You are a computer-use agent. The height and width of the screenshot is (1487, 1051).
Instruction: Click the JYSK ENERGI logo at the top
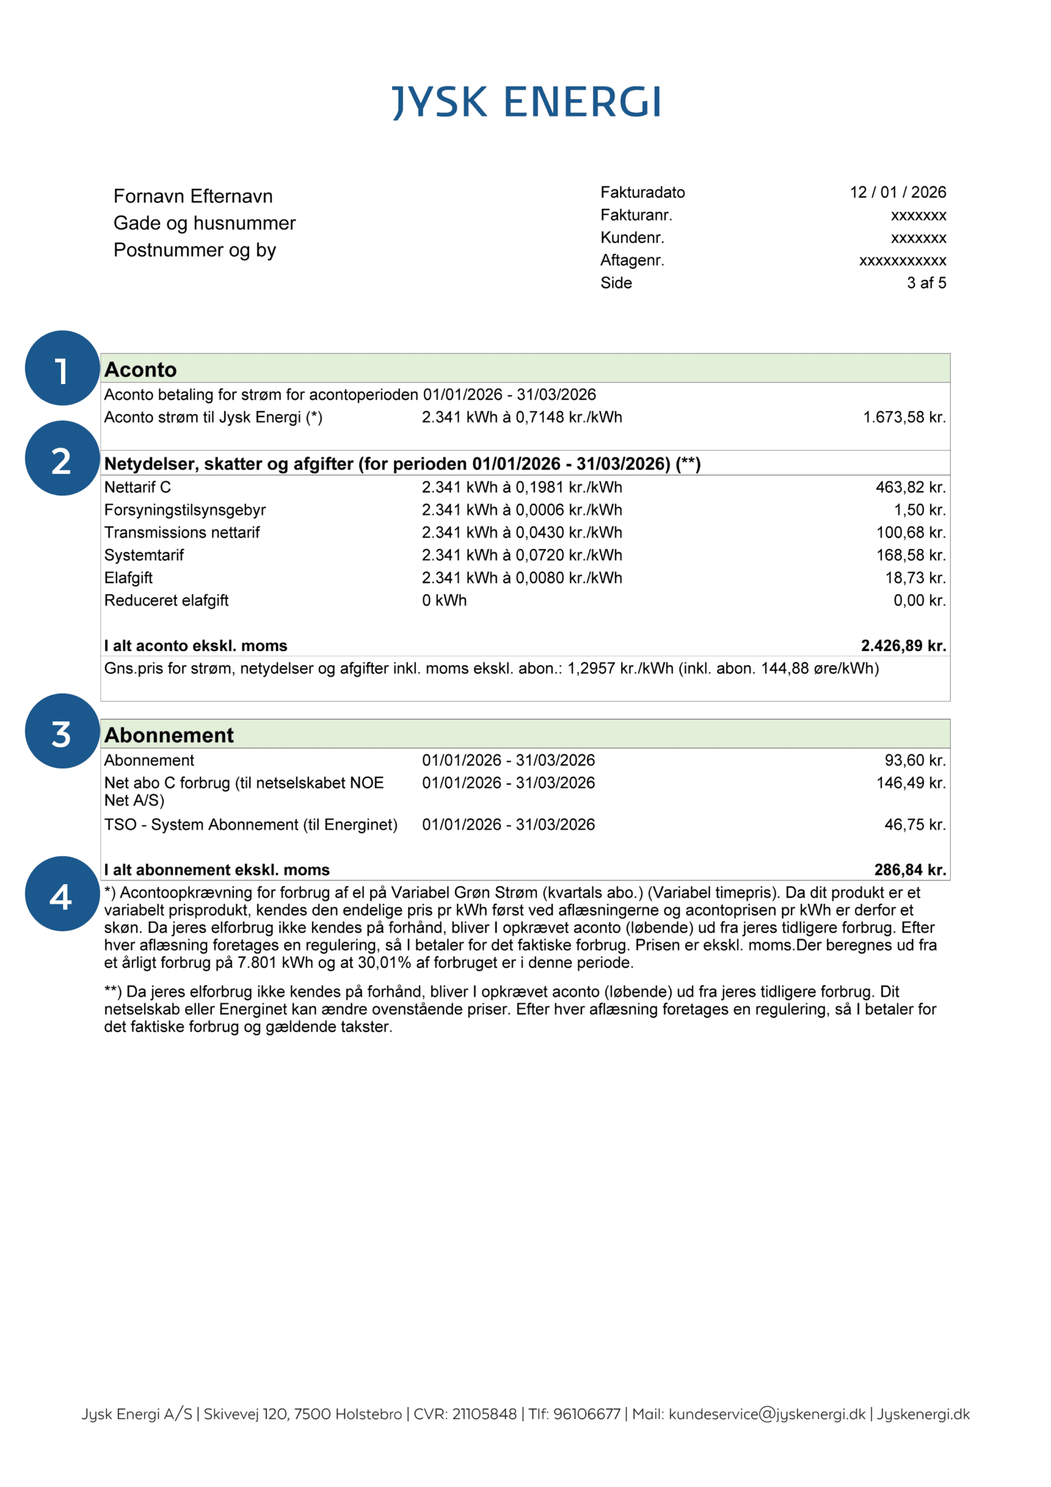coord(527,102)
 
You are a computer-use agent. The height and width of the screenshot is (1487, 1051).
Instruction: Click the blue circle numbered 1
coord(62,368)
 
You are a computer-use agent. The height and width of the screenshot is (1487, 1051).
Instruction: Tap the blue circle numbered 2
coord(62,458)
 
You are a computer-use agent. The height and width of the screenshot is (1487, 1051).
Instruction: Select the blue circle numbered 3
coord(62,731)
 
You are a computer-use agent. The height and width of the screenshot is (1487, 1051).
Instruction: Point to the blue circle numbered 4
coord(62,894)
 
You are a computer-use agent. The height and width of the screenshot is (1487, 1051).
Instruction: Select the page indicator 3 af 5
coord(926,283)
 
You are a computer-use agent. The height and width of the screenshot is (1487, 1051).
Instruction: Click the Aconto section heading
coord(141,369)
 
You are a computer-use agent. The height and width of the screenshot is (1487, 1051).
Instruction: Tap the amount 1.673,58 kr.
coord(904,417)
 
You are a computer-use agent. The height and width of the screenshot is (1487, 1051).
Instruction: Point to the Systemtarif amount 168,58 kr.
coord(910,555)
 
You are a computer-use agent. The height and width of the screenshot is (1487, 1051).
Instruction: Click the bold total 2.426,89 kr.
coord(904,646)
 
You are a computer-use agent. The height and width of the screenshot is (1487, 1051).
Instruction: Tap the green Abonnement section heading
coord(169,735)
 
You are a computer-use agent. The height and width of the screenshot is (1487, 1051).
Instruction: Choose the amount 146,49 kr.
coord(910,783)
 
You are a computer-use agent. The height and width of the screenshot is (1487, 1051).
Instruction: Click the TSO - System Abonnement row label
coord(251,824)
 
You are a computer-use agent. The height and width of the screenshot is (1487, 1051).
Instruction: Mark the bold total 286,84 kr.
coord(910,870)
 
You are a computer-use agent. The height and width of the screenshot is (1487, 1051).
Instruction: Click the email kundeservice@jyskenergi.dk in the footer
coord(766,1414)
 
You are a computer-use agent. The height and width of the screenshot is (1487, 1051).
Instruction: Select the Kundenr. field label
coord(632,238)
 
